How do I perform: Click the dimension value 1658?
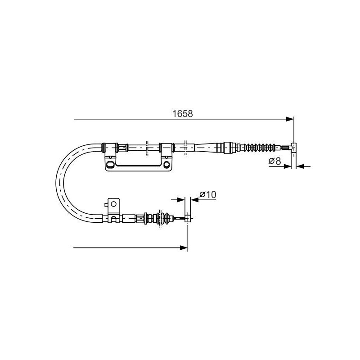(183, 114)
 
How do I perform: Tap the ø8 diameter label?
(274, 161)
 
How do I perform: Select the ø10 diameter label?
(208, 195)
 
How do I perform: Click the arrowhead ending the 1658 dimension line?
(290, 119)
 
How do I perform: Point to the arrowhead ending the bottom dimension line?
(184, 248)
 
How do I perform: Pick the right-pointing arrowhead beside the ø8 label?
(288, 166)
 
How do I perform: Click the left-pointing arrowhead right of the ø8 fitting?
(300, 166)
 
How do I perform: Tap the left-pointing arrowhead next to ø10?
(195, 200)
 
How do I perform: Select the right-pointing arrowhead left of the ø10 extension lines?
(181, 200)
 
